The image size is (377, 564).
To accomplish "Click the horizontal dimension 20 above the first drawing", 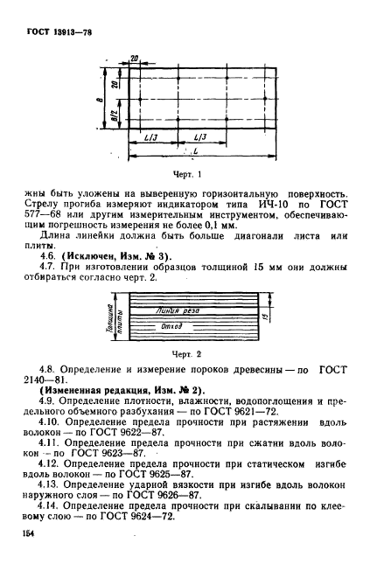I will (134, 59).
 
